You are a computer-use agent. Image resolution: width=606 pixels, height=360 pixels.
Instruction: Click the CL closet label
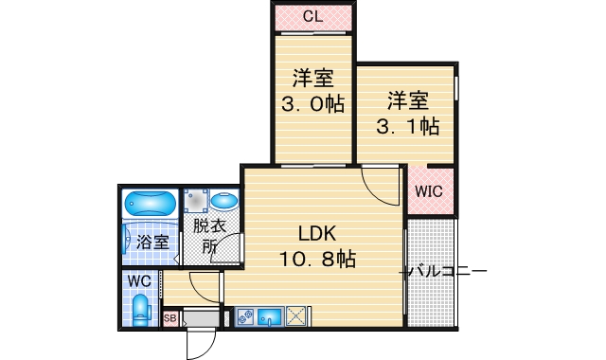[x=312, y=16]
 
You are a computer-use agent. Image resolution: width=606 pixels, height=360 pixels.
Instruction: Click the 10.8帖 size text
[x=316, y=258]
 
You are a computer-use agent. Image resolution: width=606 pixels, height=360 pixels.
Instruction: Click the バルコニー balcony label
[x=445, y=273]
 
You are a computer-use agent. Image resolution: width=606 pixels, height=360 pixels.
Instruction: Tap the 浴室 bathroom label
[x=152, y=242]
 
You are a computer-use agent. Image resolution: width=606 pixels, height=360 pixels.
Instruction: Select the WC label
[x=139, y=281]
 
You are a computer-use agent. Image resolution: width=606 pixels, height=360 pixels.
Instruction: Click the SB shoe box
[x=170, y=318]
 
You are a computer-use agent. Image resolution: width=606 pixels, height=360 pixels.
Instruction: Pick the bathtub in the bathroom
[x=150, y=204]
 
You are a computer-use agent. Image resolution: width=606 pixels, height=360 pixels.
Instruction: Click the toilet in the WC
[x=141, y=309]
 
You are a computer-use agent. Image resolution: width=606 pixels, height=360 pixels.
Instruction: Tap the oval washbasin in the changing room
[x=223, y=202]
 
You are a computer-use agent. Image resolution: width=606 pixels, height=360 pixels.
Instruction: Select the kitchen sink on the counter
[x=269, y=316]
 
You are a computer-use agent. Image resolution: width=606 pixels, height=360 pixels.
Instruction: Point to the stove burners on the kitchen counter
[x=243, y=316]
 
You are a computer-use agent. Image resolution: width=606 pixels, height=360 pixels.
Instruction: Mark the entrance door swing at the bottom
[x=199, y=346]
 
